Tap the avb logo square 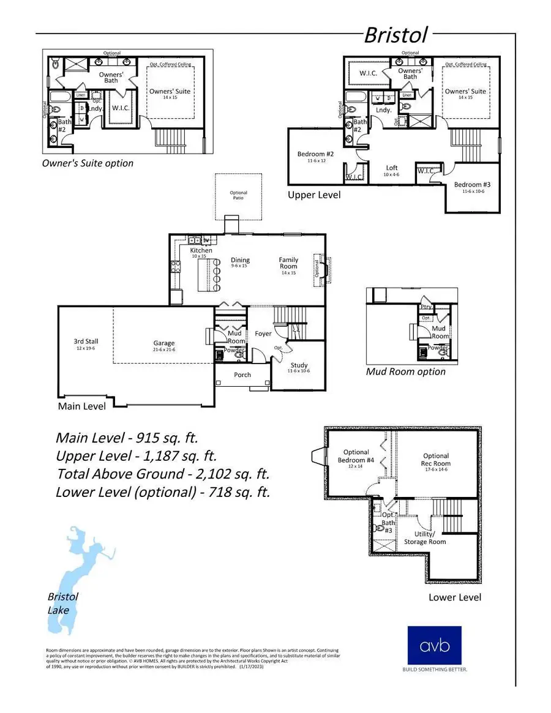click(x=434, y=645)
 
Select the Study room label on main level click(x=299, y=365)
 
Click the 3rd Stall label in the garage click(x=86, y=342)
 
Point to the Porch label click(x=242, y=375)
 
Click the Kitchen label click(x=201, y=250)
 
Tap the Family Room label click(x=288, y=263)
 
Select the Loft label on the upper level click(x=392, y=168)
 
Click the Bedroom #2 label click(x=315, y=154)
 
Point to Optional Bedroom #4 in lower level click(x=356, y=457)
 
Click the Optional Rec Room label click(x=436, y=460)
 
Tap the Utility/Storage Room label click(x=425, y=538)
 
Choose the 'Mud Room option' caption click(x=405, y=371)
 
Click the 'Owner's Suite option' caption click(x=87, y=163)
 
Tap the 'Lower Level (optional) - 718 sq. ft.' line click(x=162, y=491)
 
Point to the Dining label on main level click(x=240, y=260)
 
